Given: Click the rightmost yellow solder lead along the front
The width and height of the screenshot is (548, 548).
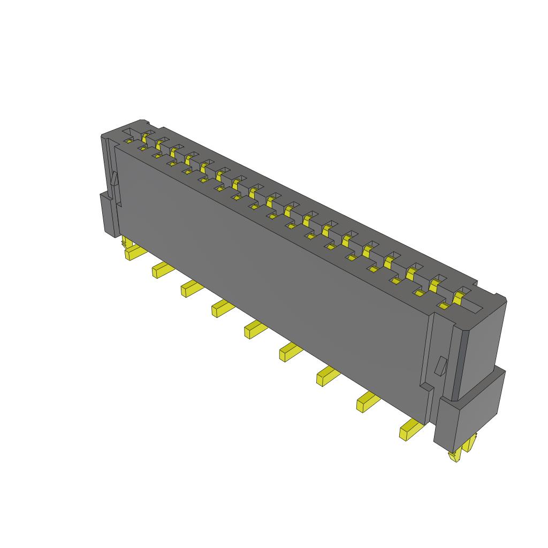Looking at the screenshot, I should pos(410,430).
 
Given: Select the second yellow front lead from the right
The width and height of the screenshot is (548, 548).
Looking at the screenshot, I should pos(367,401).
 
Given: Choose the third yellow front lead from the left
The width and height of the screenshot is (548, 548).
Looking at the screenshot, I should pos(189,289).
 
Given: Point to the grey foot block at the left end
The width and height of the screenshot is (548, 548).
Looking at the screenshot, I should pos(109,214).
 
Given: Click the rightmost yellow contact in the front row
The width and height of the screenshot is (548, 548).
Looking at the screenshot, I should pos(444,306).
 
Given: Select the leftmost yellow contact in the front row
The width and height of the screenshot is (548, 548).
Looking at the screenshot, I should pos(129,141).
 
